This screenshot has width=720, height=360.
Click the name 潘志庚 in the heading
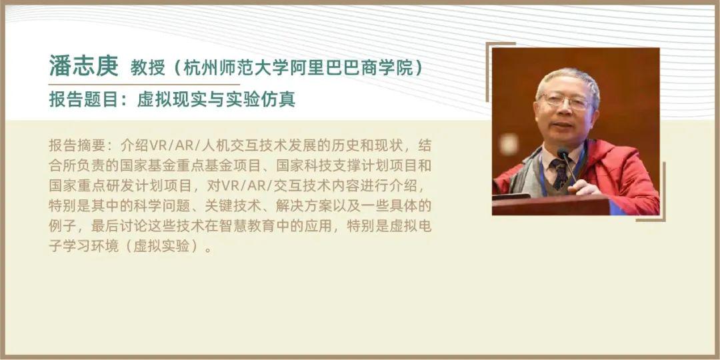[83, 65]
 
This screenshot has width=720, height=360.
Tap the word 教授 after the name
[147, 68]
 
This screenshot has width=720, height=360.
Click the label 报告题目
[83, 99]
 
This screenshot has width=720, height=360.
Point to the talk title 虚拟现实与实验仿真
[216, 99]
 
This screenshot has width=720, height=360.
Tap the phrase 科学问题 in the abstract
[163, 206]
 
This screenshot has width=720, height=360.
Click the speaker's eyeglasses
[566, 101]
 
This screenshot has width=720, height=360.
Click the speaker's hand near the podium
[584, 187]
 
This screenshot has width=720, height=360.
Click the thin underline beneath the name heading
[144, 85]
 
